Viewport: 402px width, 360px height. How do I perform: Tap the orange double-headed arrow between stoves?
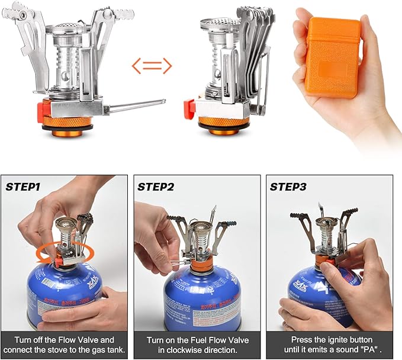(151, 66)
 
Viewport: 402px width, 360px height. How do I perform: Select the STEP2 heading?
(156, 187)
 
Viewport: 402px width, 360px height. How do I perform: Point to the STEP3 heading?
(288, 187)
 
